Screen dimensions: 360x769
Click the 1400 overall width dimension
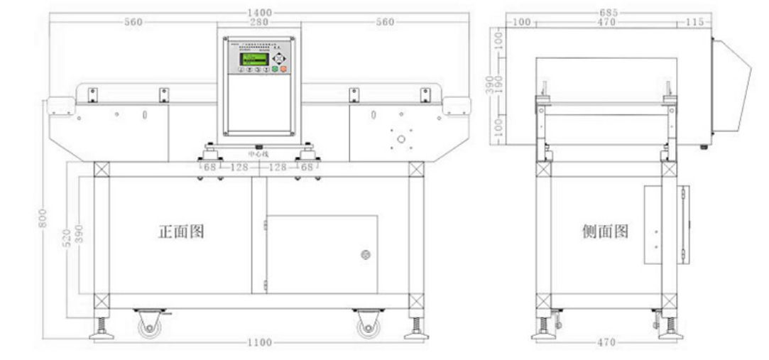pos(259,13)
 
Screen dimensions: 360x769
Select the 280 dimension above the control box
pos(258,22)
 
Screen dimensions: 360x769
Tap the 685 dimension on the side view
pos(608,13)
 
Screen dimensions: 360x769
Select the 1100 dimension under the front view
pos(259,343)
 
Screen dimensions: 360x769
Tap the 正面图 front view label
pos(181,231)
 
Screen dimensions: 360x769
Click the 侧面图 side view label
pos(605,231)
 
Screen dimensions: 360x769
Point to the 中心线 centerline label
pos(258,153)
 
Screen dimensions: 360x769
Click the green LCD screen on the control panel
pos(254,60)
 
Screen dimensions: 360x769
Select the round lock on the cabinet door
pos(366,254)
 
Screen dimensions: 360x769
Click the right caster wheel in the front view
pos(367,325)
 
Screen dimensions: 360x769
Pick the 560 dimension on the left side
pos(133,22)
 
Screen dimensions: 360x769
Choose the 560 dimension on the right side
pos(384,22)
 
